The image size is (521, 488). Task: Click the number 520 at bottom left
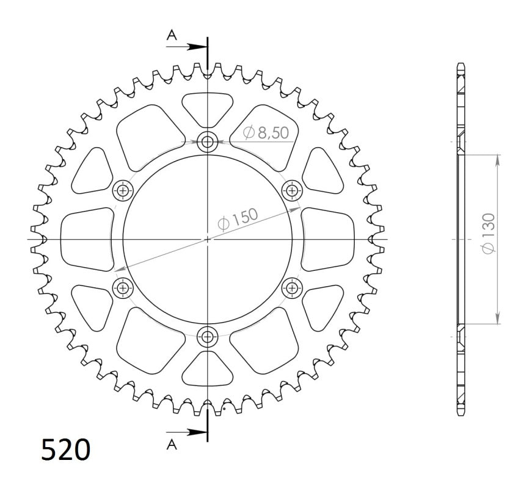coord(66,450)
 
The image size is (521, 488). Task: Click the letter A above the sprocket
coord(172,36)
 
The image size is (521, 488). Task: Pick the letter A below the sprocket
coord(172,445)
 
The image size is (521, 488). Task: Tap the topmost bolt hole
coord(208,143)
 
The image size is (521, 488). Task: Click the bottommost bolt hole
coord(208,335)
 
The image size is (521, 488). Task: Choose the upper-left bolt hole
coord(125,191)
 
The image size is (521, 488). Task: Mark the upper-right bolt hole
coord(292,191)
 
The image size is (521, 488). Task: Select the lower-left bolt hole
coord(125,287)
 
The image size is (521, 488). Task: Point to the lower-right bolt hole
coord(292,287)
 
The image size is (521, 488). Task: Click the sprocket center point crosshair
coord(208,239)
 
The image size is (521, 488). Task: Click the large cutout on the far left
coord(87,239)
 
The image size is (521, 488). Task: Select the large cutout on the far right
coord(329,239)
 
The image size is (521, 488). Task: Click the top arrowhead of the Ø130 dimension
coord(498,160)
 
